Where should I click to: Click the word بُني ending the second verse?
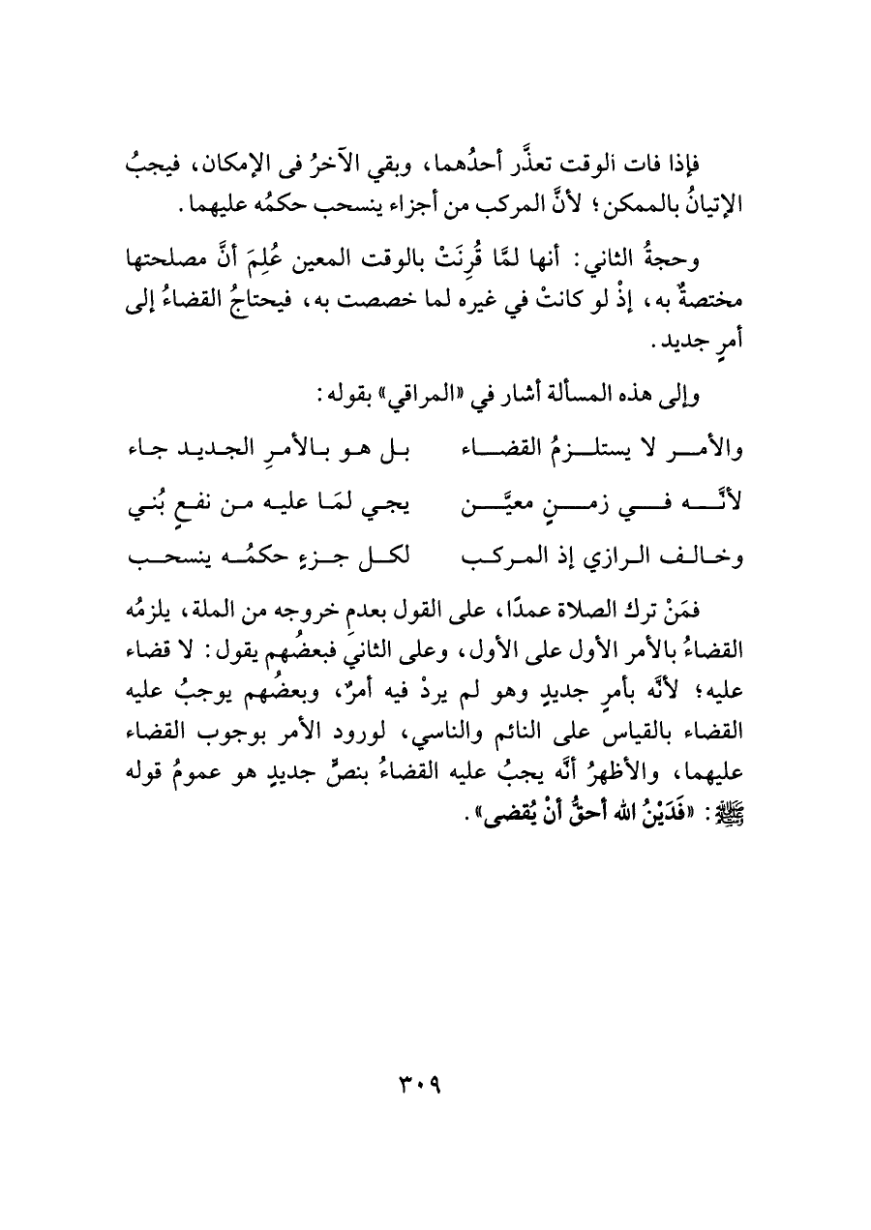(145, 503)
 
